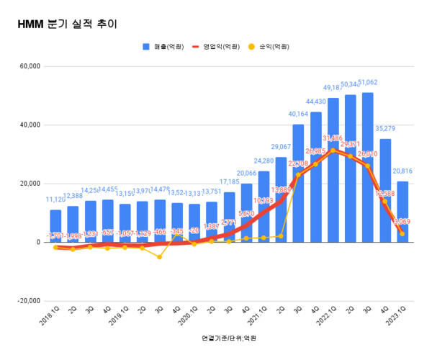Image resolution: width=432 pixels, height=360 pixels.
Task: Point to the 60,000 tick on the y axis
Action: tap(29, 66)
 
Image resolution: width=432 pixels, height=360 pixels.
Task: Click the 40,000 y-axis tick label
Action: tap(29, 125)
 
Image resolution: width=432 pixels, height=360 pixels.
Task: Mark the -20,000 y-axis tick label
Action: tap(27, 301)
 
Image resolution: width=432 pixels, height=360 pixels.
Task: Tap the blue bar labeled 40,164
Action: tap(298, 184)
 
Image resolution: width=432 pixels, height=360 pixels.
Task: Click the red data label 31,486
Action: tap(333, 138)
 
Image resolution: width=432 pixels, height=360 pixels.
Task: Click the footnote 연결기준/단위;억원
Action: tap(229, 337)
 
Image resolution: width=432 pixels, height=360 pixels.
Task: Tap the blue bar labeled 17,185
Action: tap(229, 217)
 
